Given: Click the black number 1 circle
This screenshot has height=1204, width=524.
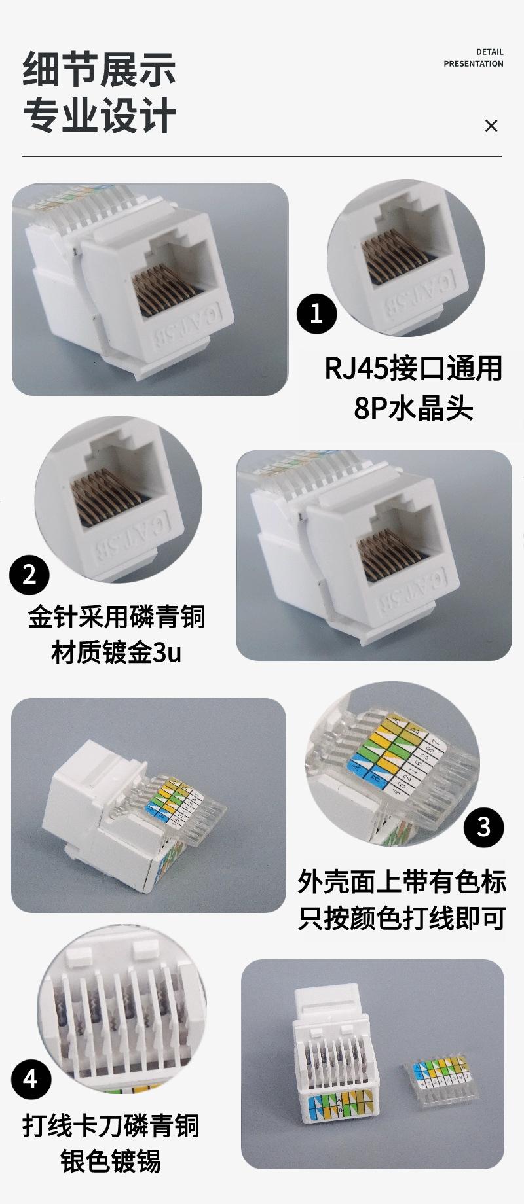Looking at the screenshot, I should pos(317,313).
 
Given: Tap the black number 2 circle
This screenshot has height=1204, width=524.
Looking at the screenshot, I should pos(29,575).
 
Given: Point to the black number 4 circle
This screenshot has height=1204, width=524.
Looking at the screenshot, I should pos(31,1078).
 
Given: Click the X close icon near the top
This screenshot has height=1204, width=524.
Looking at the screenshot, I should pos(491,126).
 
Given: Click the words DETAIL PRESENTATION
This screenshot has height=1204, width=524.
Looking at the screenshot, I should pos(474,58).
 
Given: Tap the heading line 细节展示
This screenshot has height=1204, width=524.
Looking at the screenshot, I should pos(99,69).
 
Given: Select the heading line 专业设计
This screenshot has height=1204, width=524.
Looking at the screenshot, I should pos(99,116).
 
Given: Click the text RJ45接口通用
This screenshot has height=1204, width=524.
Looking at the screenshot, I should pos(413,368).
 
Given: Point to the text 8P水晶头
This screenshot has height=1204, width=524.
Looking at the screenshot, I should pos(413,409).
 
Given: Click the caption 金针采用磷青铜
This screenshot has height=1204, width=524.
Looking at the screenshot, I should pos(117,616).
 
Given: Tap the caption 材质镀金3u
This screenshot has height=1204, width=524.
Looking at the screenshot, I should pos(117,652).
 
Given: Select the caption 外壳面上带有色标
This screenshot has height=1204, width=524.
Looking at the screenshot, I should pos(402,881).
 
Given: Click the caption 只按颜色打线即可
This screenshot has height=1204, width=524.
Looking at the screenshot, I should pos(402,918).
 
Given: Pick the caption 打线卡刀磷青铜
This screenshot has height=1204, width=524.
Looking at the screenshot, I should pos(111,1125).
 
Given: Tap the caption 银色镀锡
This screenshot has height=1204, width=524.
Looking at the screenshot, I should pos(111,1161).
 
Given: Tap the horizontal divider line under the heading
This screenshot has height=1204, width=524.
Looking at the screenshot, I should pos(261,156).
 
